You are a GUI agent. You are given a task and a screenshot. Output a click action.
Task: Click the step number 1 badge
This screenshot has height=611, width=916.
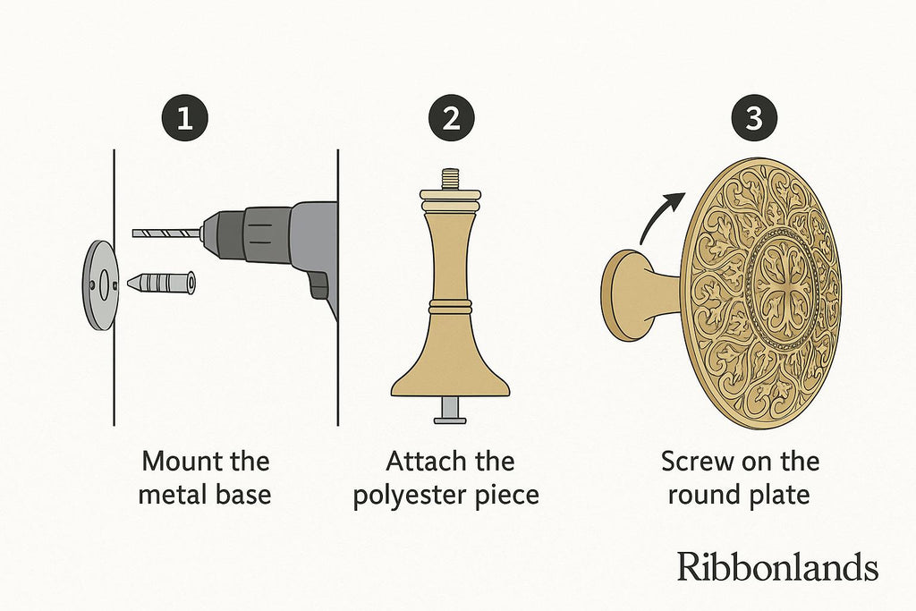tap(184, 119)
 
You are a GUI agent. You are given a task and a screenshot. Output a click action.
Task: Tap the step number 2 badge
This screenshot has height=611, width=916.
tap(451, 119)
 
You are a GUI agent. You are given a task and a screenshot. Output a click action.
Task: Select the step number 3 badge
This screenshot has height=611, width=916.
tap(754, 119)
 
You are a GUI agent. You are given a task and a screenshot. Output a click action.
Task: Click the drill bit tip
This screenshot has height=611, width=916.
tap(135, 233)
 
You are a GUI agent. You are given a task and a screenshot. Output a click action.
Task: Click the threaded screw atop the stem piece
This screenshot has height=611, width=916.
tap(451, 179)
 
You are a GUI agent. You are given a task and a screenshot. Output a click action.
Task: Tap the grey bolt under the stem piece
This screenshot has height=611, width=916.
tap(450, 411)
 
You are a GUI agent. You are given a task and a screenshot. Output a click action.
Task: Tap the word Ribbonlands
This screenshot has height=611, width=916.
tap(777, 566)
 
